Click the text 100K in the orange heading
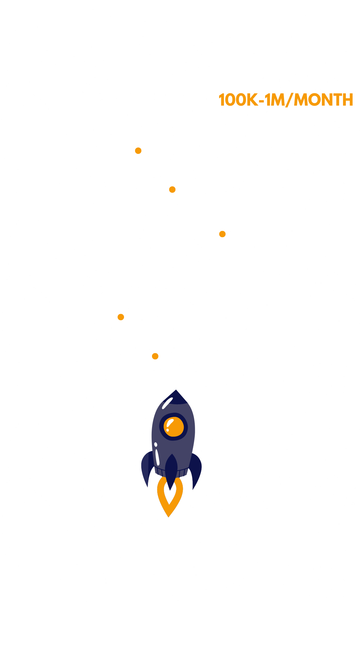238,100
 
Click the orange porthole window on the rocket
174,427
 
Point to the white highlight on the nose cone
167,403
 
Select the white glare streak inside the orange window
170,423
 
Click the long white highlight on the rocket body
157,457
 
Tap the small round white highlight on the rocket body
156,444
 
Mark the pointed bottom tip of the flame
169,517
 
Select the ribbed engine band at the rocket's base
171,472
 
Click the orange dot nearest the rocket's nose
155,356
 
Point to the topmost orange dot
138,151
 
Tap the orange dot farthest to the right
222,234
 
